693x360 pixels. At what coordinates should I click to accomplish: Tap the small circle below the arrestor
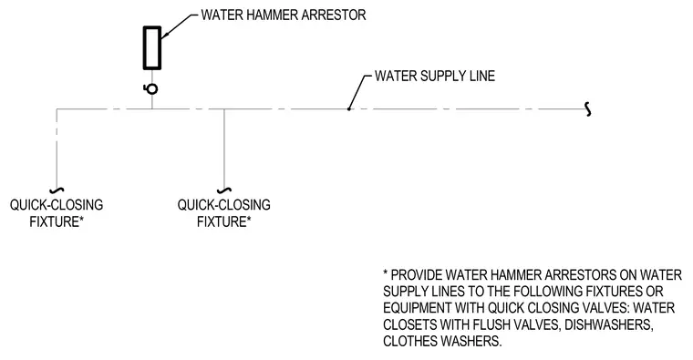[152, 88]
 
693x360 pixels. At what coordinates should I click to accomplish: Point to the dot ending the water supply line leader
[348, 108]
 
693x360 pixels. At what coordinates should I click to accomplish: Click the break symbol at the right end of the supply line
[588, 109]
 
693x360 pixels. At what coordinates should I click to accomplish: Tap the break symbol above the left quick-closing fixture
[57, 190]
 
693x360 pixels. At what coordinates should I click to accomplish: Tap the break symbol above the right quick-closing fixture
[224, 190]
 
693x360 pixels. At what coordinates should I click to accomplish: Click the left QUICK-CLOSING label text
[57, 205]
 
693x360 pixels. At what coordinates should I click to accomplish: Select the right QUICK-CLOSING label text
[224, 205]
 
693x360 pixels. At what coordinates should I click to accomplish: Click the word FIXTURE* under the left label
[57, 221]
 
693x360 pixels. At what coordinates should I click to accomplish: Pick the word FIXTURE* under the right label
[224, 221]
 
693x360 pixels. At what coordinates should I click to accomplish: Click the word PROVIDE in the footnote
[417, 275]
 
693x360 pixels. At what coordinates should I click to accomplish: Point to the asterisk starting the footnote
[386, 273]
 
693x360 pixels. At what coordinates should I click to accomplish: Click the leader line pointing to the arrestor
[179, 26]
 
